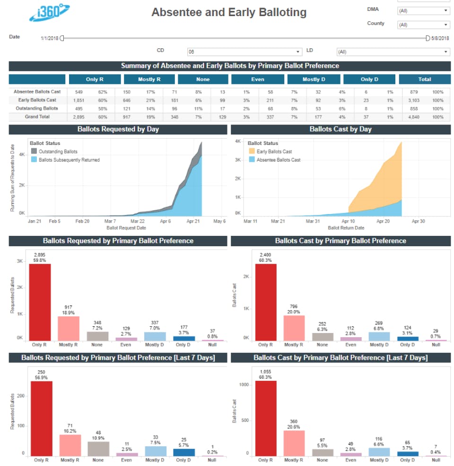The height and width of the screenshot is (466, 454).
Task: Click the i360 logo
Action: pos(49,12)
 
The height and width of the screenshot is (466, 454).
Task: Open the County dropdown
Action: pos(423,25)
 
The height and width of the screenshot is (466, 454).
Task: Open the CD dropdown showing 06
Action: pos(244,52)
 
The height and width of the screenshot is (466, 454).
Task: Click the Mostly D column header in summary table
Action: pos(314,80)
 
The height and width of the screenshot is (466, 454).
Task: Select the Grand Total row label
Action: pos(37,117)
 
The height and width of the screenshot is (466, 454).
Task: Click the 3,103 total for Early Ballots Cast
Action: pos(414,100)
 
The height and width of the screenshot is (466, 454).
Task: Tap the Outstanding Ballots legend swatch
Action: pos(34,151)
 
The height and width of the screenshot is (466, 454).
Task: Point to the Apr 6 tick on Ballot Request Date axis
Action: pos(165,221)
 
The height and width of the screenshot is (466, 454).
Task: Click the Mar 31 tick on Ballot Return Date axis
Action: pos(313,221)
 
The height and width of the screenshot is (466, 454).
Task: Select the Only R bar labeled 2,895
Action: pos(40,302)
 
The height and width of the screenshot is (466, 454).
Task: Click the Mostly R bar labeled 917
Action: pos(69,329)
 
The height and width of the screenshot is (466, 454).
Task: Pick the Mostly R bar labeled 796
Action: pos(294,328)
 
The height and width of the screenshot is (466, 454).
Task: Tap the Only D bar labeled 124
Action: pos(408,339)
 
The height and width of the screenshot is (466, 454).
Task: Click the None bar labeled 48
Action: pos(98,449)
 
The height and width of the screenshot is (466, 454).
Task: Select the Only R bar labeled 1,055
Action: pos(266,419)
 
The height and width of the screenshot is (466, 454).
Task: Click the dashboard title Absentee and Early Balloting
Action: pos(229,12)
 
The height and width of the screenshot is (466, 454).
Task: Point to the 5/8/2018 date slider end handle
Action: pos(428,38)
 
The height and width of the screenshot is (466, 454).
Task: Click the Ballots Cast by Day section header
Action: pos(340,129)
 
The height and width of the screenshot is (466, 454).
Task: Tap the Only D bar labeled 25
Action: pos(184,452)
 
